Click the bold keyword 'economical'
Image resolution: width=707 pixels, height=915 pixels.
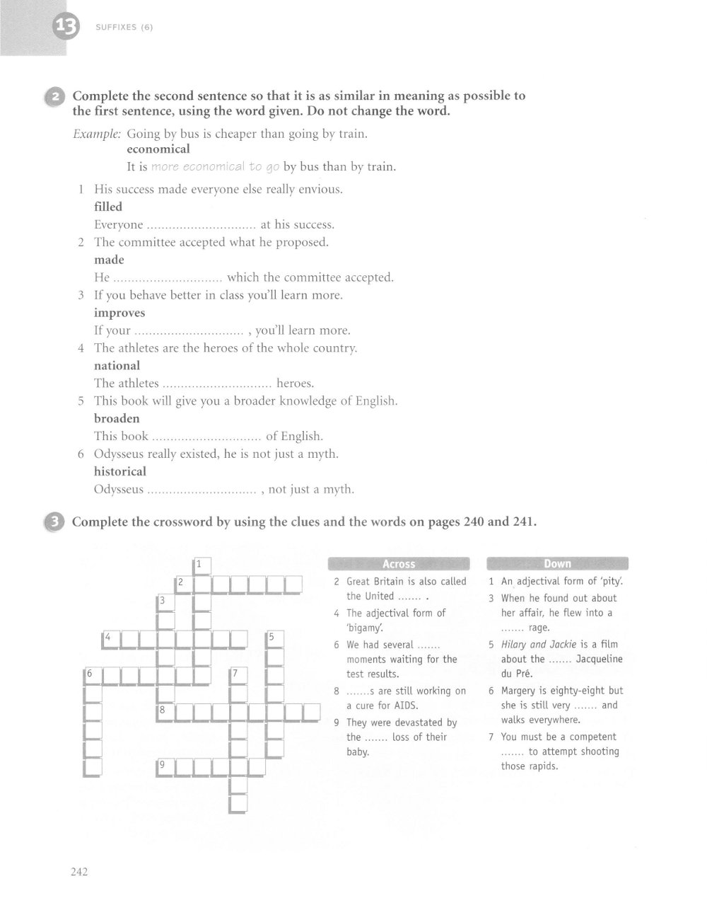coord(158,149)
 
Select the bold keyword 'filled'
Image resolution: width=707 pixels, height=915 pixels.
coord(108,207)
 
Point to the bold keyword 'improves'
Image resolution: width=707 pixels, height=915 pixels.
coord(119,313)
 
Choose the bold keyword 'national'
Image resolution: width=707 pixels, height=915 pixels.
coord(117,366)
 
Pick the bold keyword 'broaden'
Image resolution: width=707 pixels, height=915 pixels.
coord(117,418)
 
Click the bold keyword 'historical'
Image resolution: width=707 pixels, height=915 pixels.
coord(120,471)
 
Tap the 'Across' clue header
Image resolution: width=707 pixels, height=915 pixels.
coord(399,564)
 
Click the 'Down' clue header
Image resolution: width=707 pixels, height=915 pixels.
coord(557,564)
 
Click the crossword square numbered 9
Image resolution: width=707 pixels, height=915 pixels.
coord(165,766)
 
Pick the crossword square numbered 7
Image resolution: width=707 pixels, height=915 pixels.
coord(238,675)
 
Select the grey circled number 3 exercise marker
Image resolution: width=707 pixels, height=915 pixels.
coord(54,522)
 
